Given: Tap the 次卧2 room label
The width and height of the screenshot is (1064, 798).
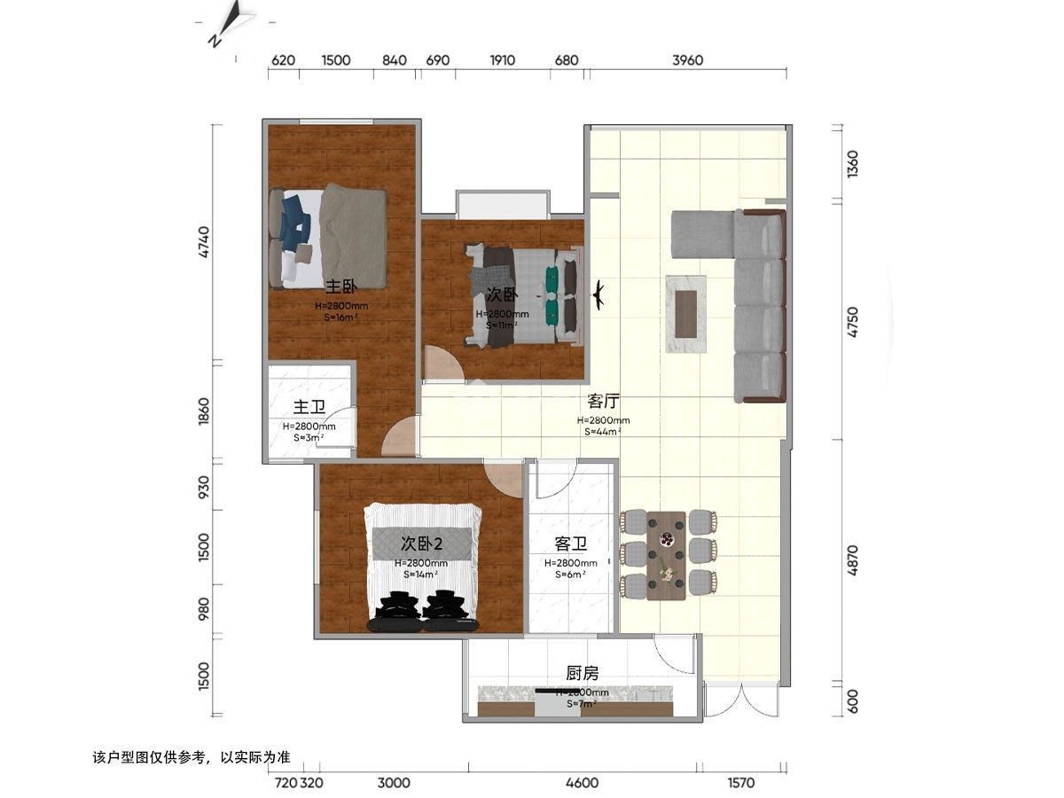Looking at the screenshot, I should [421, 543].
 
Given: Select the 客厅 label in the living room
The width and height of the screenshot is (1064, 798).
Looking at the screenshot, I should [603, 401].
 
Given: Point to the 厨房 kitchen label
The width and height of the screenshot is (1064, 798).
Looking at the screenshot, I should [582, 673].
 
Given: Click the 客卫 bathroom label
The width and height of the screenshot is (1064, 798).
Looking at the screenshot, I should [570, 544].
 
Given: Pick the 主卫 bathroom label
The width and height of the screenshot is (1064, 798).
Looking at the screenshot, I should [309, 407].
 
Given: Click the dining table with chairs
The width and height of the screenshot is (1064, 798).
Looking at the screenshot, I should [666, 555].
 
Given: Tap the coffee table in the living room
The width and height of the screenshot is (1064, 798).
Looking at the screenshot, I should [686, 313].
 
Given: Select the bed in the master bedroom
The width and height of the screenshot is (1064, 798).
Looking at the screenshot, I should [328, 237].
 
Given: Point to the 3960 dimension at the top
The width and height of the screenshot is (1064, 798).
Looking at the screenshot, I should [687, 60].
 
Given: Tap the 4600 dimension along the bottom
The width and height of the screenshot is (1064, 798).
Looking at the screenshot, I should [582, 783].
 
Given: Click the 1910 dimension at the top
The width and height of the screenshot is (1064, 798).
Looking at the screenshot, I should [502, 60].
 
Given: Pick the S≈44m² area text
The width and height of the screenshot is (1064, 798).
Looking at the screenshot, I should [603, 432].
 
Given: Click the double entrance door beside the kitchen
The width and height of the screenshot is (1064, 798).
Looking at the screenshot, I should [740, 700].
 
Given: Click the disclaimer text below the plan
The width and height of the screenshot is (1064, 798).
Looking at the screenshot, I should [191, 758].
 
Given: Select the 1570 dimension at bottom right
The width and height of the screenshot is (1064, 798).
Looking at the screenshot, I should [740, 783].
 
